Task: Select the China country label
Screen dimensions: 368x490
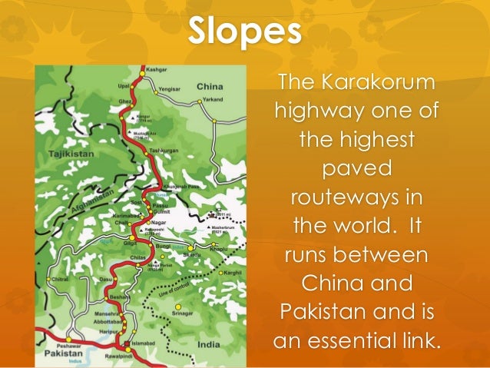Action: [x=209, y=87]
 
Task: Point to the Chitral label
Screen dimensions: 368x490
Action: [x=59, y=280]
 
